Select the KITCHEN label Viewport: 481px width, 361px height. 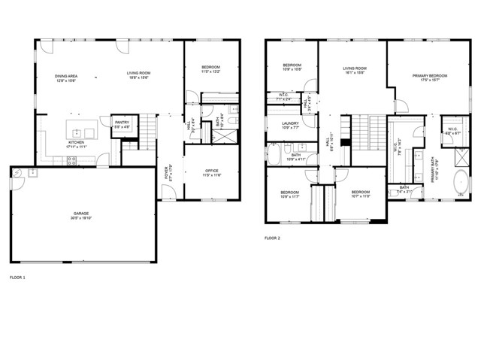pos(77,141)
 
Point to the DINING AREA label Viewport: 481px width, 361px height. pos(67,77)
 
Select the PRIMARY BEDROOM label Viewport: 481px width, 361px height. pos(430,76)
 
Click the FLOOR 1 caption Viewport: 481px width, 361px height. pos(17,278)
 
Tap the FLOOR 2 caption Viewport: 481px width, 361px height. pos(272,238)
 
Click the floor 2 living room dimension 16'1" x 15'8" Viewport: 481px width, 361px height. pos(355,73)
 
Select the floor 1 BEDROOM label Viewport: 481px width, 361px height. pos(210,68)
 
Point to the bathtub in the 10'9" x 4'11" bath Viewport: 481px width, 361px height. pos(274,156)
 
